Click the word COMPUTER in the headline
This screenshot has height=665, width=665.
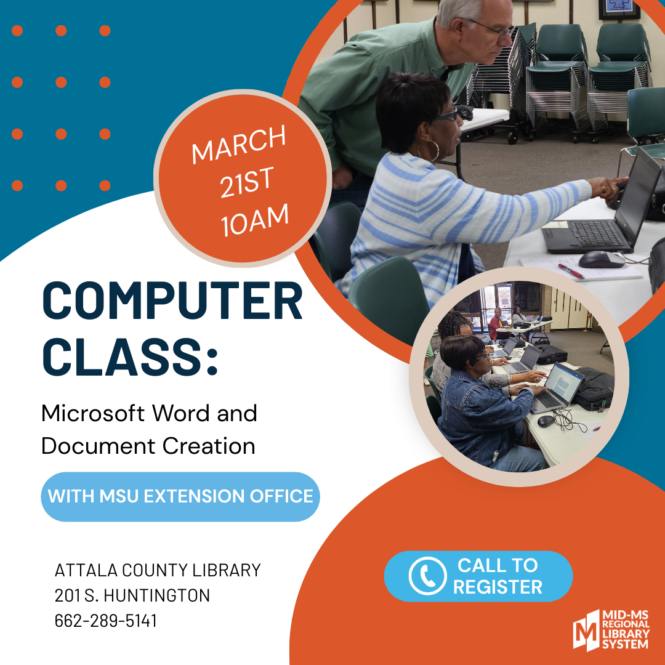point(172,300)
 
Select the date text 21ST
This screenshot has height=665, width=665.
point(248,182)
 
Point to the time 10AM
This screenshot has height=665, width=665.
point(254,220)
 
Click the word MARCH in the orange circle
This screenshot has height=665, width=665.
point(239,144)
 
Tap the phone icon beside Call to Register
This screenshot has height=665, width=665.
point(427,576)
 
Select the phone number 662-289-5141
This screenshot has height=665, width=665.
point(106,621)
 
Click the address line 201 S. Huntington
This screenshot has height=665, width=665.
point(132,595)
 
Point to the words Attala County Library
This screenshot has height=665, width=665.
point(158,570)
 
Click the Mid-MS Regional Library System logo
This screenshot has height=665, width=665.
point(611,631)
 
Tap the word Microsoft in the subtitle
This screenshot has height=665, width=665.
point(93,413)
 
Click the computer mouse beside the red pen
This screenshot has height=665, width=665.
point(602,259)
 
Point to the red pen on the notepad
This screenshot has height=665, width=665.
point(571,271)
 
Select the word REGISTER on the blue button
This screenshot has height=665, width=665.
point(498,587)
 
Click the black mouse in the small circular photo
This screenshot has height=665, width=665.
point(546,421)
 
